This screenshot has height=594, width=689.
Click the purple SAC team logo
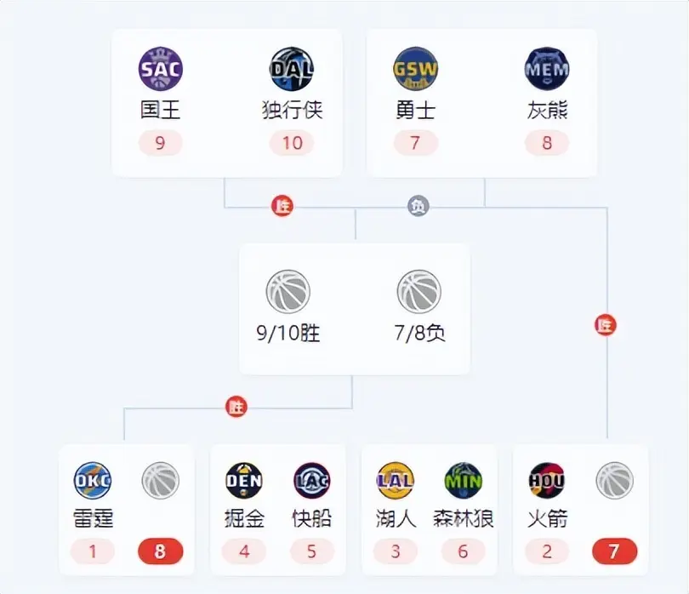point(161,69)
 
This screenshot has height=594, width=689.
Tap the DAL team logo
point(291,69)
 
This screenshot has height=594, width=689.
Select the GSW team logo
point(415,69)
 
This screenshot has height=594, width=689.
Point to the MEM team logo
point(547,69)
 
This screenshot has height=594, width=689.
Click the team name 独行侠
point(293,110)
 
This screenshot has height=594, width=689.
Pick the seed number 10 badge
point(292,143)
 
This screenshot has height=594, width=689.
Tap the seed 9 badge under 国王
point(161,143)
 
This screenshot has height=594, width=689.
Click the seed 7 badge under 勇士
point(416,143)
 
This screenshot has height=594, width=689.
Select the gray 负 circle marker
point(419,206)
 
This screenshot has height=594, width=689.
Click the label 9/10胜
point(288,334)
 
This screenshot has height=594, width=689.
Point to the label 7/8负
point(419,333)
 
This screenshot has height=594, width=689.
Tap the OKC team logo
point(92,481)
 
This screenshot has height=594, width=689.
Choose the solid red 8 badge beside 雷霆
point(161,551)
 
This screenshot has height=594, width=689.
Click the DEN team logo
point(244,481)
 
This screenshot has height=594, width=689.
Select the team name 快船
point(311,518)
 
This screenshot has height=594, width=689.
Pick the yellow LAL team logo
point(395,481)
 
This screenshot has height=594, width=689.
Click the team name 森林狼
point(463,518)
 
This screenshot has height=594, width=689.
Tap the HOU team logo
point(547,481)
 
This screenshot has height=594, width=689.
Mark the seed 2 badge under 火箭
point(547,551)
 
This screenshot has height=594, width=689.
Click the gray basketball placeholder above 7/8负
point(419,292)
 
